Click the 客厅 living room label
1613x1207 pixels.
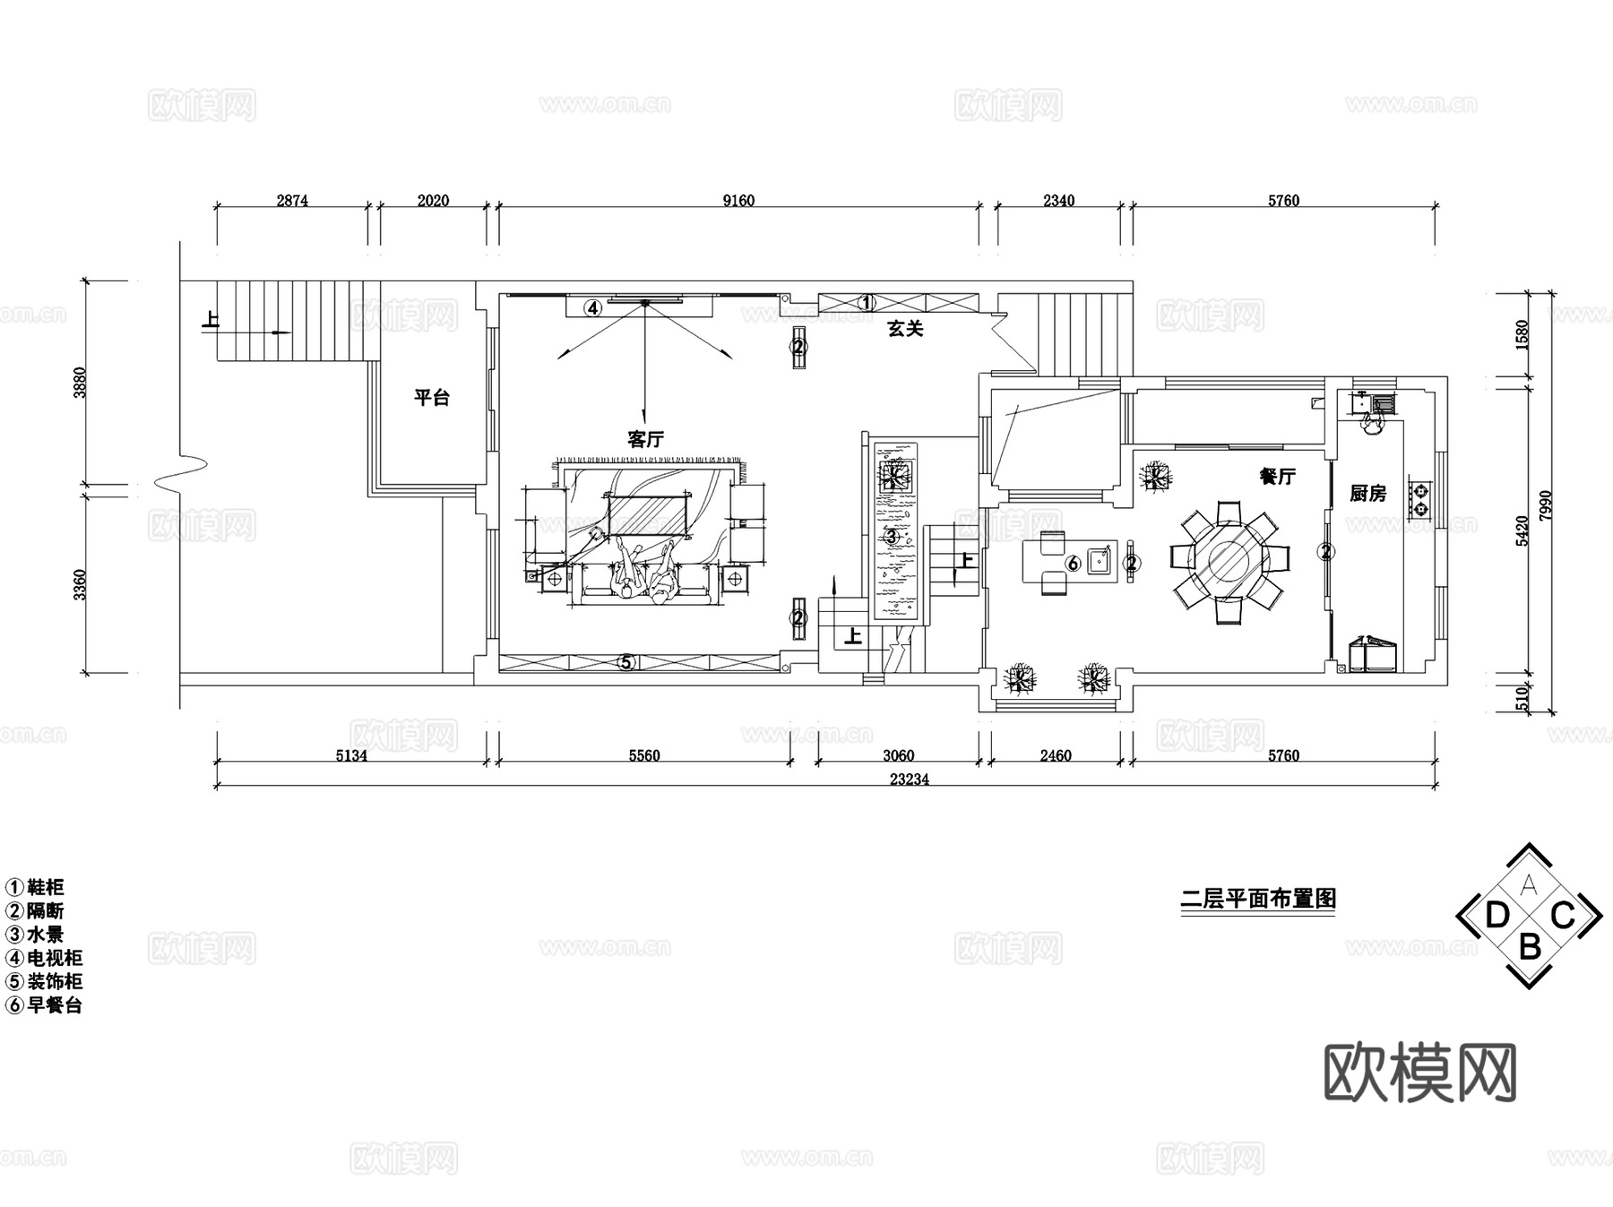click(x=645, y=439)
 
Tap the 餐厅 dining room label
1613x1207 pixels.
click(x=1277, y=477)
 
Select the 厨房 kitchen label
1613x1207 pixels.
click(x=1367, y=493)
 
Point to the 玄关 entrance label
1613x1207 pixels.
click(x=905, y=329)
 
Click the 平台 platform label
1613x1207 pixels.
click(x=431, y=398)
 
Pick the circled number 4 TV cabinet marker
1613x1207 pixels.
click(x=592, y=307)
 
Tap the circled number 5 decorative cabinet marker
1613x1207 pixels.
click(x=627, y=663)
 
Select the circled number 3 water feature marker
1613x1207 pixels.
click(x=891, y=537)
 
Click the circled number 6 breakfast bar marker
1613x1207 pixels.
click(x=1073, y=564)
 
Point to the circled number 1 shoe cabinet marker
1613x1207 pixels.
click(x=866, y=303)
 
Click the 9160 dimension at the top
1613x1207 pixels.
click(x=738, y=201)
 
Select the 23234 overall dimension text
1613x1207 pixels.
click(x=910, y=780)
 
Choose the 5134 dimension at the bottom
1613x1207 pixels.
click(x=351, y=755)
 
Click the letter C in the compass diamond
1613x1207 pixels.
click(x=1563, y=916)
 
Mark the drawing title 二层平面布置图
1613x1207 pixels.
click(x=1258, y=898)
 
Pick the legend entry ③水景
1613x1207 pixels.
click(x=36, y=935)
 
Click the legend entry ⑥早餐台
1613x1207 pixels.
click(x=45, y=1004)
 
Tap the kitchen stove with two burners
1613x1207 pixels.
click(x=1420, y=499)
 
